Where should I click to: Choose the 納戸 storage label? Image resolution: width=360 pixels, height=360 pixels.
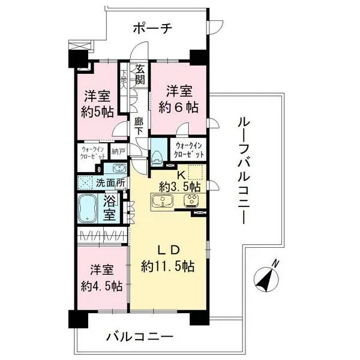tap(119, 152)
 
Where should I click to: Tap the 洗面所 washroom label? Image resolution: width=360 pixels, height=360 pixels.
tap(110, 182)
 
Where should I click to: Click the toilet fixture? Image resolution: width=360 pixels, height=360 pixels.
tap(157, 155)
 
